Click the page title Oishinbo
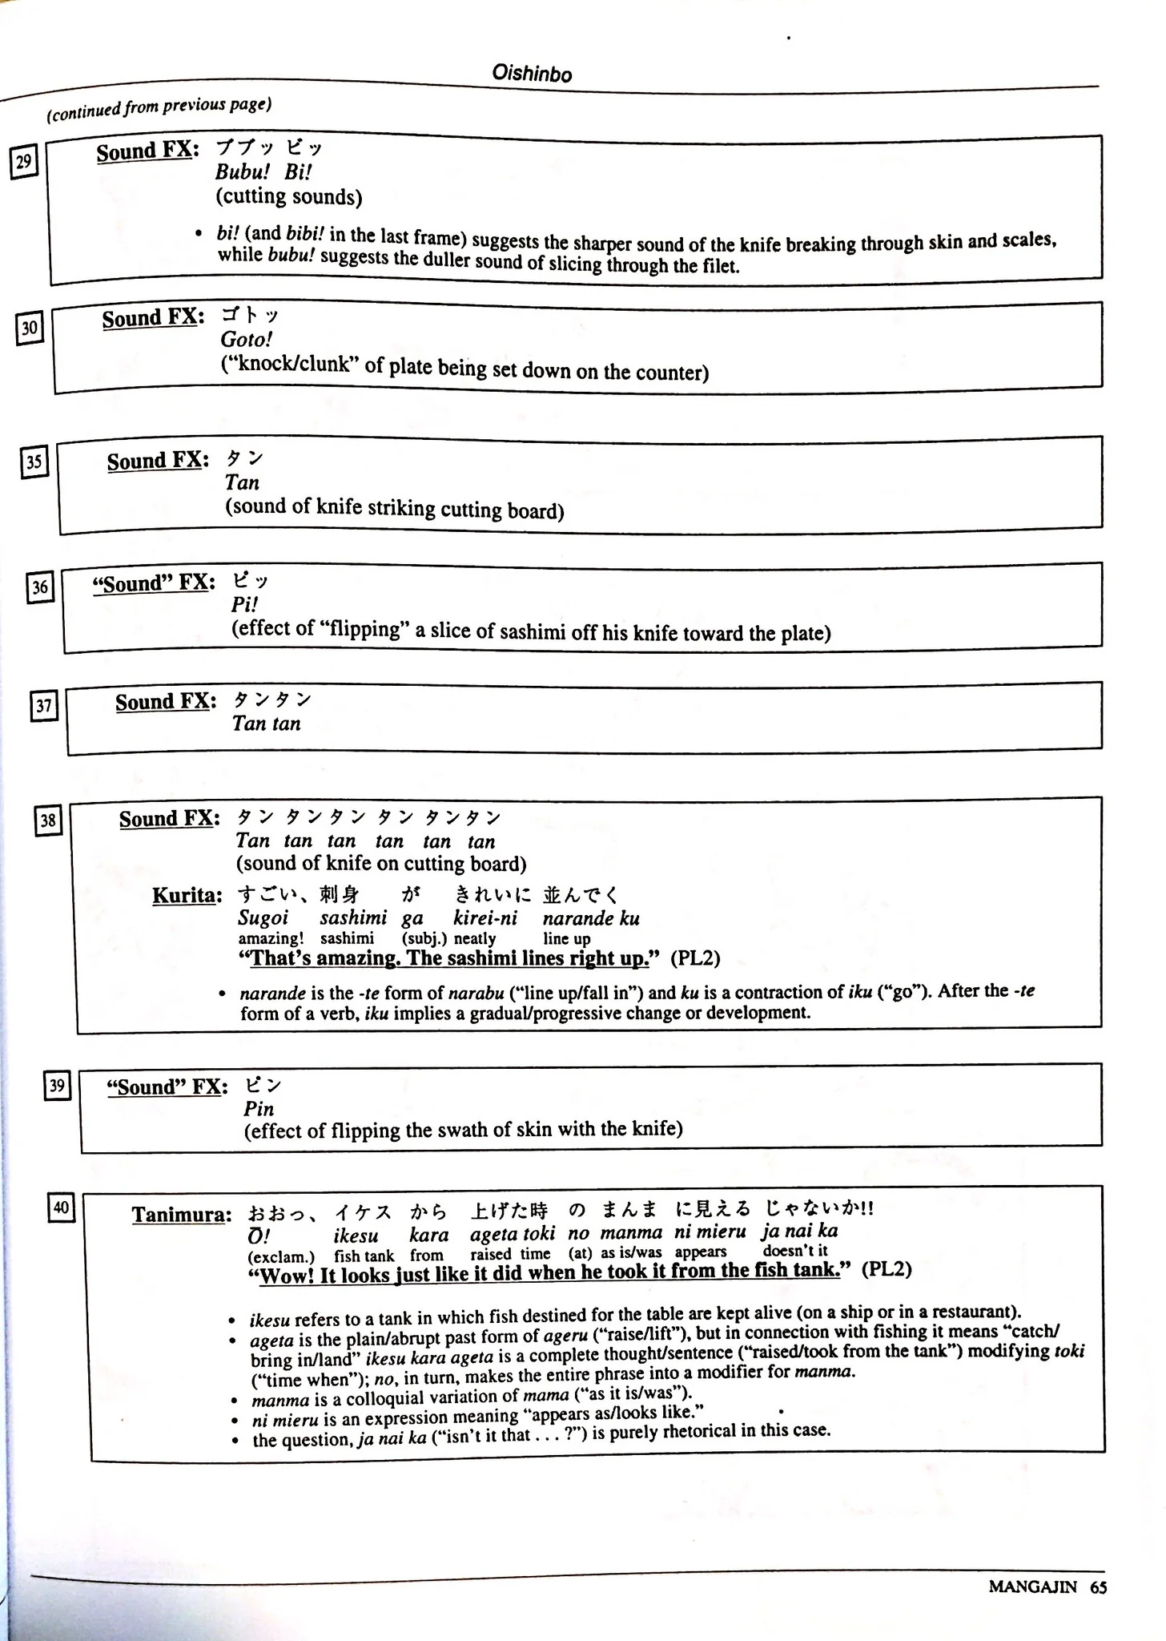(x=532, y=75)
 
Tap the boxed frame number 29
(x=24, y=163)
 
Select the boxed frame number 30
(x=30, y=328)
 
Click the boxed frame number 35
(x=34, y=462)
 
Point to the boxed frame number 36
(x=40, y=588)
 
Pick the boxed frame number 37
(x=44, y=706)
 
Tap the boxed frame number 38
(x=49, y=820)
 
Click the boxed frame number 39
(x=57, y=1086)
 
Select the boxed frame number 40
(x=62, y=1207)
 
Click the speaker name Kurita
(x=187, y=895)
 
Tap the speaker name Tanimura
(x=182, y=1215)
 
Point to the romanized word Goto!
(x=247, y=340)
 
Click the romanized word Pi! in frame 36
(x=244, y=605)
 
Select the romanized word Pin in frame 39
(x=259, y=1109)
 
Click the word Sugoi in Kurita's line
(x=263, y=918)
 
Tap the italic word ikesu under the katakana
(x=356, y=1235)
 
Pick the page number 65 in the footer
(x=1098, y=1587)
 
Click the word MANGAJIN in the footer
(x=1033, y=1587)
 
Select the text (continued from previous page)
(x=159, y=109)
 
